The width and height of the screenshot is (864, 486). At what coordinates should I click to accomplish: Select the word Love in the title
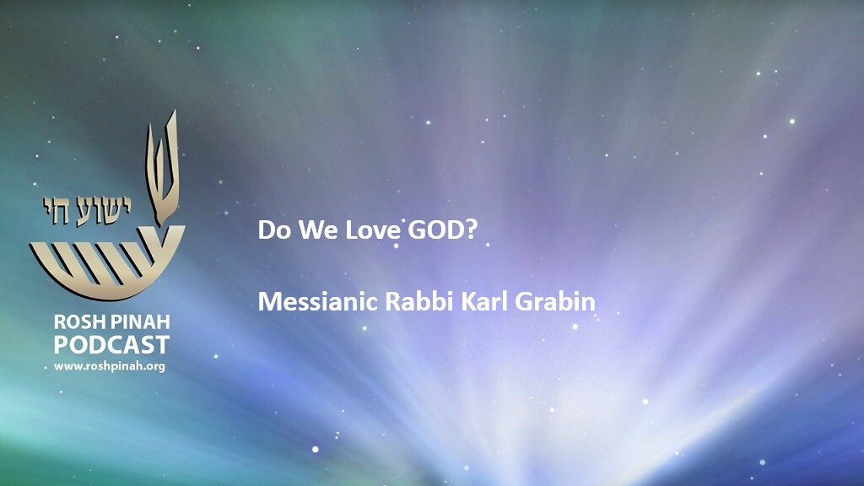coord(373,229)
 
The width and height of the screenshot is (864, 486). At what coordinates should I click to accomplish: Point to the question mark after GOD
coord(471,229)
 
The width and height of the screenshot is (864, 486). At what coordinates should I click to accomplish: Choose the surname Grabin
coord(555,301)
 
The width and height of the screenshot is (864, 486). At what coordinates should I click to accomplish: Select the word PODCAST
coord(111,345)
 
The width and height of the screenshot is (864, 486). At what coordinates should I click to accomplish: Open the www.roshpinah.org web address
coord(110,366)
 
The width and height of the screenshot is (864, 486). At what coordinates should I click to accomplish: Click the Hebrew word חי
coord(57,210)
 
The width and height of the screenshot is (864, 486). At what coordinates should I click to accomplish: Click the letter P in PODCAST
coord(61,345)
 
